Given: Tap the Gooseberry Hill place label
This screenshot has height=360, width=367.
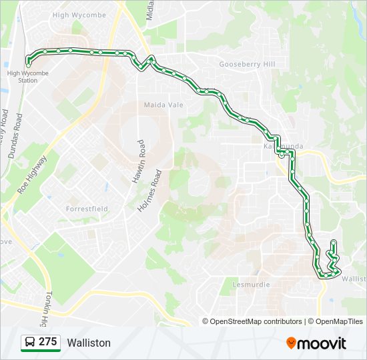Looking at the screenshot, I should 247,65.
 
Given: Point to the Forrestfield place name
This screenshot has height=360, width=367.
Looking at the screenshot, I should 87,209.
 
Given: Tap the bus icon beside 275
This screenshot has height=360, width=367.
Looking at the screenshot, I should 30,343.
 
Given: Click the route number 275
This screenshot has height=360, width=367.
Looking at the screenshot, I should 48,342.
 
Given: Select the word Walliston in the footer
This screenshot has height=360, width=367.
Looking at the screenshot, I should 89,343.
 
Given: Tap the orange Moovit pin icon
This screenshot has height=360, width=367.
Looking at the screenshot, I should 292,343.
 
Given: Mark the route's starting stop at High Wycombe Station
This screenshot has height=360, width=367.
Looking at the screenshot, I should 27,64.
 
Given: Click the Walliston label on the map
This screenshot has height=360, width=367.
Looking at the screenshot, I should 354,279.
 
